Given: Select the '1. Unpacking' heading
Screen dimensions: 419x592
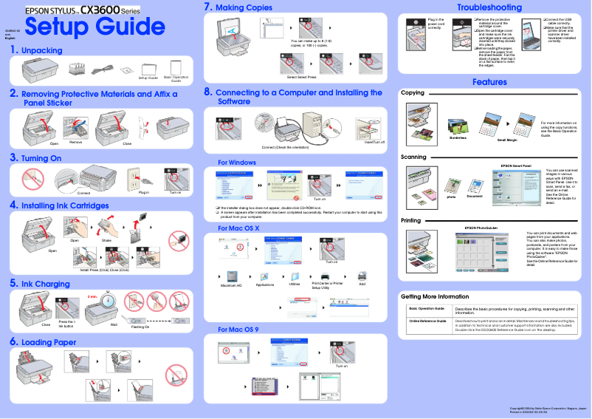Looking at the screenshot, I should pyautogui.click(x=36, y=50).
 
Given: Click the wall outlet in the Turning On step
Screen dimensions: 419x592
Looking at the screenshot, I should pyautogui.click(x=134, y=177).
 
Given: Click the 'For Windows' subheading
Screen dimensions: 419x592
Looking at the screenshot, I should pyautogui.click(x=237, y=162).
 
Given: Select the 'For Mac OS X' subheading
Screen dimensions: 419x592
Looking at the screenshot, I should pyautogui.click(x=238, y=228).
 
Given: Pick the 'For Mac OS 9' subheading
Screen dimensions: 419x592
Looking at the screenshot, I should pyautogui.click(x=238, y=329).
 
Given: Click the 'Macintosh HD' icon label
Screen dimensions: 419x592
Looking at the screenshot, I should pyautogui.click(x=231, y=285).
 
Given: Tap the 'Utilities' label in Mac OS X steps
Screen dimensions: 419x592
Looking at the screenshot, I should pyautogui.click(x=295, y=284).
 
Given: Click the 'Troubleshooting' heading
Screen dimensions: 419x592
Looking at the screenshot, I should pyautogui.click(x=489, y=7).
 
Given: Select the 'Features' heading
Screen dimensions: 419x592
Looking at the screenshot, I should pyautogui.click(x=489, y=82).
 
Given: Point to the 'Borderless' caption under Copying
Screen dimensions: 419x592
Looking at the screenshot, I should pyautogui.click(x=458, y=137).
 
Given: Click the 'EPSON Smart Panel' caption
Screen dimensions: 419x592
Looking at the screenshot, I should pyautogui.click(x=516, y=166).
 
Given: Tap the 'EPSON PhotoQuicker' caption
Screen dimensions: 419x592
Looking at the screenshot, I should pyautogui.click(x=481, y=227).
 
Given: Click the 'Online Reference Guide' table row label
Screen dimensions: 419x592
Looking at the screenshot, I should pyautogui.click(x=427, y=321).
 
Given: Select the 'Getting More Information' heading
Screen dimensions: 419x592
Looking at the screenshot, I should pyautogui.click(x=434, y=296).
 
